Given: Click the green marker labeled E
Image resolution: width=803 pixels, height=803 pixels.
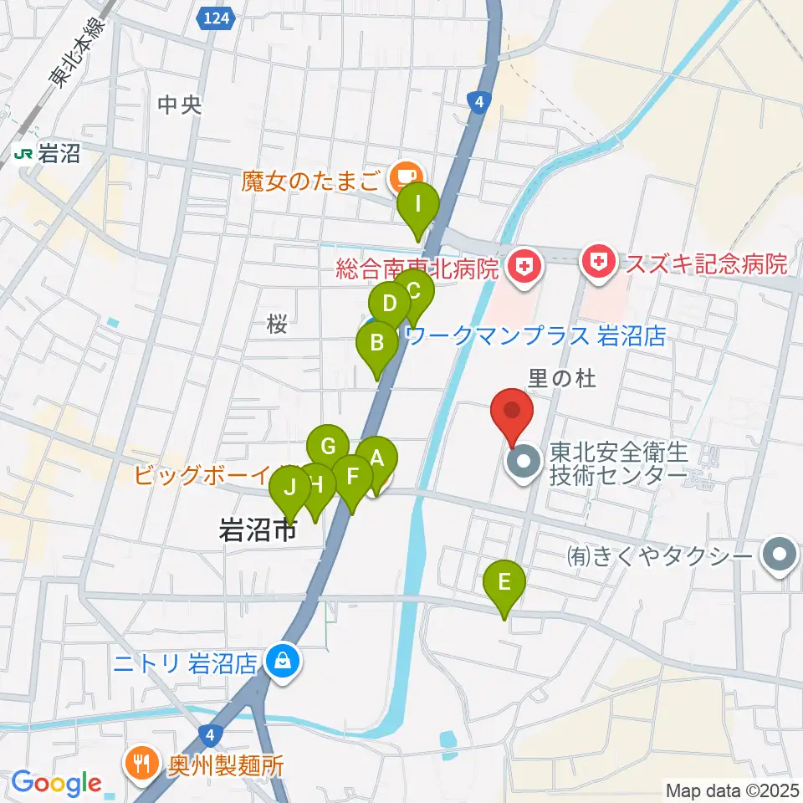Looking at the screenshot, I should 504,582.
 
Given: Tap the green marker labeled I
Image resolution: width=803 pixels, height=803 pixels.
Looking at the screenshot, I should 417,205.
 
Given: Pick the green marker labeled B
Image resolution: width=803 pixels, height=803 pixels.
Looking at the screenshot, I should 376,344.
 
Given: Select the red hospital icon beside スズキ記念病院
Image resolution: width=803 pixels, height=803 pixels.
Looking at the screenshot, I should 601,264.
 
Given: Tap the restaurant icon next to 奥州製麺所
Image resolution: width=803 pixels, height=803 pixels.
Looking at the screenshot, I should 140,764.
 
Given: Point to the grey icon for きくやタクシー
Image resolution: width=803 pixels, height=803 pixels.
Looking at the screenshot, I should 780,554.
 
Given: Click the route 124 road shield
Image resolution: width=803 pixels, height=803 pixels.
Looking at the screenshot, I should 215,18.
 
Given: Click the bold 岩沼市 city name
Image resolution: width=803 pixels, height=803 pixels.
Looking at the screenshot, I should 258,530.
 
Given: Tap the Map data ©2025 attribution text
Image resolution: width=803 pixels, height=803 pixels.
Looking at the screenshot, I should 731,790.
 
